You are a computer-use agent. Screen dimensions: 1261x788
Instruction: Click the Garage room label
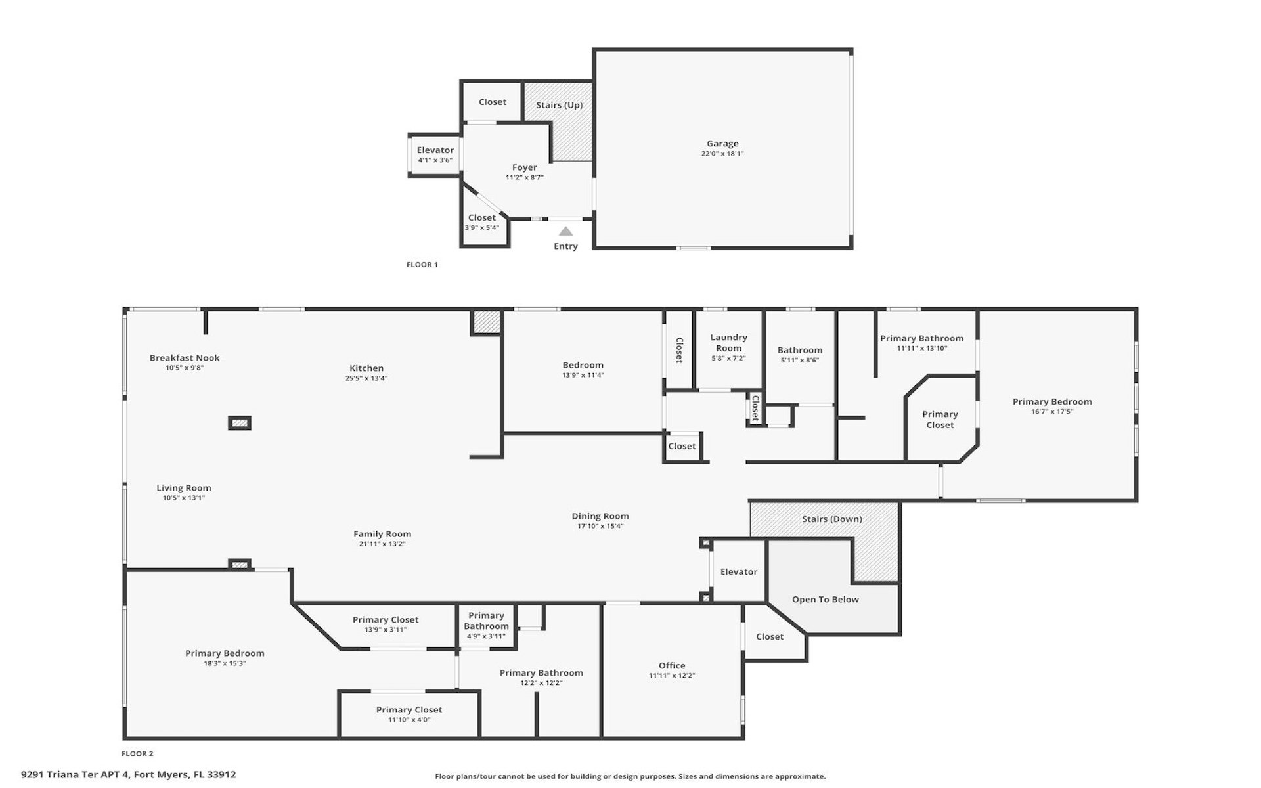pyautogui.click(x=722, y=143)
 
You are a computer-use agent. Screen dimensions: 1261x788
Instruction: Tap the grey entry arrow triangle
pyautogui.click(x=565, y=231)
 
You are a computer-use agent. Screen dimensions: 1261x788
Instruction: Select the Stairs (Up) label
pyautogui.click(x=559, y=105)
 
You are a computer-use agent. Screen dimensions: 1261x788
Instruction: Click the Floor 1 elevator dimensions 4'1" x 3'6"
pyautogui.click(x=435, y=160)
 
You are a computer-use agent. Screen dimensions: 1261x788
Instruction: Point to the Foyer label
pyautogui.click(x=525, y=167)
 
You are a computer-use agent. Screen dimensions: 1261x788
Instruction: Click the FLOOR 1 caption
pyautogui.click(x=422, y=265)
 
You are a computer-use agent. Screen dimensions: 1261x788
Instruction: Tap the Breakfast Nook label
pyautogui.click(x=185, y=358)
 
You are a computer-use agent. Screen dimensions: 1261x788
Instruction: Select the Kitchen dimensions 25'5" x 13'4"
pyautogui.click(x=366, y=378)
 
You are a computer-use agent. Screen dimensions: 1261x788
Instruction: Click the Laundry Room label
pyautogui.click(x=728, y=343)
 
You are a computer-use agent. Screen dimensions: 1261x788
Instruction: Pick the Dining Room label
pyautogui.click(x=600, y=516)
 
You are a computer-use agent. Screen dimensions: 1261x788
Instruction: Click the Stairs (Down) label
pyautogui.click(x=832, y=519)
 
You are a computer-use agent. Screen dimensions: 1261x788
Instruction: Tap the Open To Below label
pyautogui.click(x=826, y=599)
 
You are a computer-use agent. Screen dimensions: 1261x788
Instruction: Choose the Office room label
pyautogui.click(x=672, y=665)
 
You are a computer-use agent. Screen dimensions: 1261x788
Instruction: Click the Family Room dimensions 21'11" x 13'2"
pyautogui.click(x=382, y=544)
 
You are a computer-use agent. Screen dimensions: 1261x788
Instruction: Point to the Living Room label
pyautogui.click(x=184, y=488)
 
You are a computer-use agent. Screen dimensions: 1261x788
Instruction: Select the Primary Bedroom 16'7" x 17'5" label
pyautogui.click(x=1052, y=406)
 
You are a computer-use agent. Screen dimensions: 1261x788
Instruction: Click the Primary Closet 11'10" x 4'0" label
pyautogui.click(x=409, y=714)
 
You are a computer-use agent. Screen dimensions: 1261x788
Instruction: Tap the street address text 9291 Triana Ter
pyautogui.click(x=60, y=774)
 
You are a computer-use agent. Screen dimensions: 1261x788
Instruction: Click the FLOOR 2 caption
pyautogui.click(x=137, y=753)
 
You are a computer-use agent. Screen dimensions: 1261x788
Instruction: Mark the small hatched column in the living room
pyautogui.click(x=240, y=423)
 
